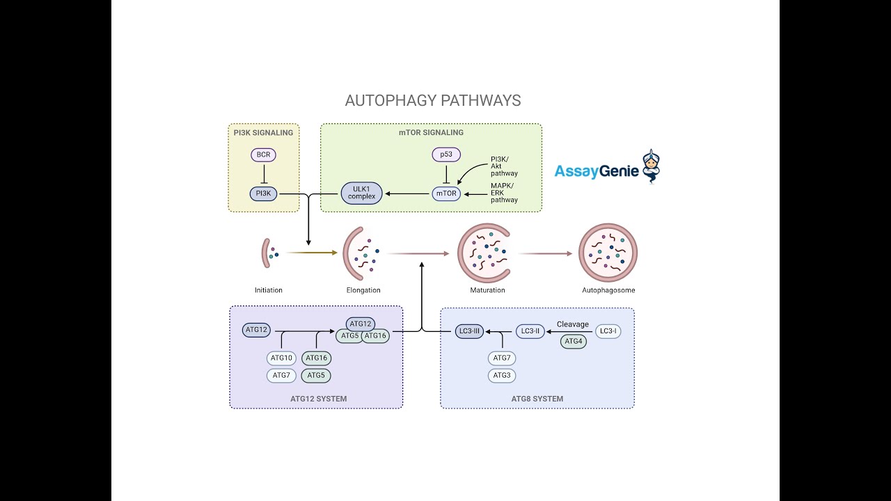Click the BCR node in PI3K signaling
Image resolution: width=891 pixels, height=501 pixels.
click(264, 154)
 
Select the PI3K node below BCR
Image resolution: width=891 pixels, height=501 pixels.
click(264, 194)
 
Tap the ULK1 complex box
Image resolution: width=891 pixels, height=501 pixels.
click(362, 193)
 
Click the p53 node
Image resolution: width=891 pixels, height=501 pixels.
click(446, 154)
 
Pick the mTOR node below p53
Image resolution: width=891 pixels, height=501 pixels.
click(446, 193)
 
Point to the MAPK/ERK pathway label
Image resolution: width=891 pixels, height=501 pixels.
click(504, 193)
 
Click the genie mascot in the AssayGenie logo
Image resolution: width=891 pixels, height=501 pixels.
click(651, 166)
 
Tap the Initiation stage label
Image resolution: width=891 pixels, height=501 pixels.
click(269, 290)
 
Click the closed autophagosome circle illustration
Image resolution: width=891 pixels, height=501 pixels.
click(608, 253)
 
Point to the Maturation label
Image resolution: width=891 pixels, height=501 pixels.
click(487, 290)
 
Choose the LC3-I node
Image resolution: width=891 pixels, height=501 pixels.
click(608, 331)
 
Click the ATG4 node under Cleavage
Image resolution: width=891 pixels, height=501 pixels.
click(574, 342)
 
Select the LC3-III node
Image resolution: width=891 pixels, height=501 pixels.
click(470, 331)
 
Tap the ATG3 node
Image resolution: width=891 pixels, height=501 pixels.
click(502, 376)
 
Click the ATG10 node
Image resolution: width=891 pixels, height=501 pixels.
click(281, 358)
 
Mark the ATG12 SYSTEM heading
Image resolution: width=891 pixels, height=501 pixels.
click(318, 399)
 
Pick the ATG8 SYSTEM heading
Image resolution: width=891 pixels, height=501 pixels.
click(537, 399)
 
